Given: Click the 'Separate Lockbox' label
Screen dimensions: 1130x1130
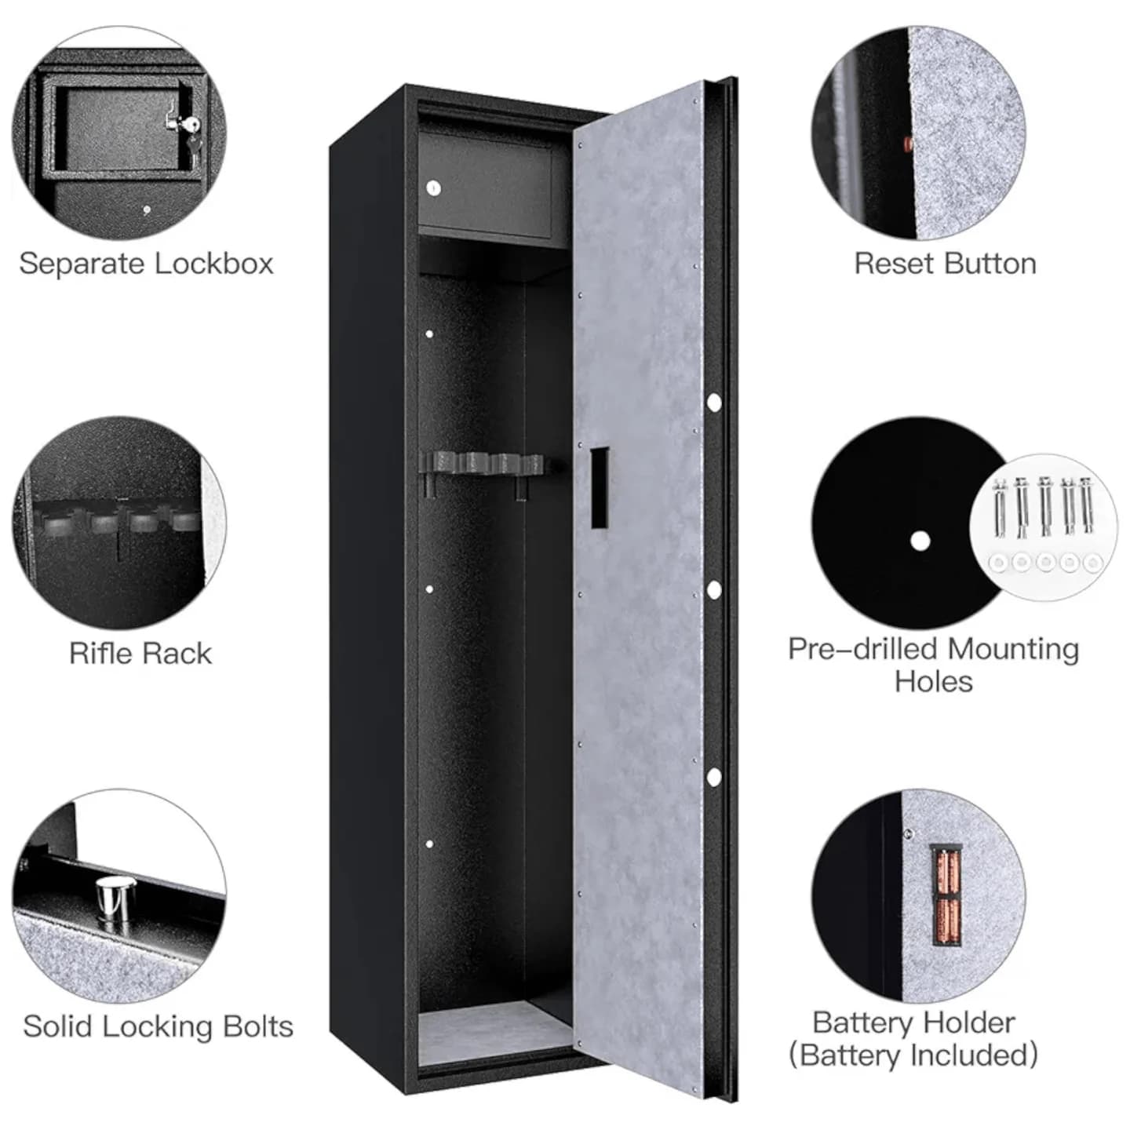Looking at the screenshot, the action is point(146,264).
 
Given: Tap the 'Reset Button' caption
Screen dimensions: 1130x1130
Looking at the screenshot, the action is point(945,264).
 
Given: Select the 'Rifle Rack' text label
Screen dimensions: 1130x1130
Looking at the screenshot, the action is point(140,653).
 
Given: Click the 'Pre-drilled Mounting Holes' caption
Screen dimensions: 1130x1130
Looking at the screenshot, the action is point(934,665).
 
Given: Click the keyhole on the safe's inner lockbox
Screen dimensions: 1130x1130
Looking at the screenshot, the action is point(433,188).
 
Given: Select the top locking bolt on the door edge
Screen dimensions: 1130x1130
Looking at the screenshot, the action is point(713,403).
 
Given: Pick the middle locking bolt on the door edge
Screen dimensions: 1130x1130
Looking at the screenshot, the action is point(713,590).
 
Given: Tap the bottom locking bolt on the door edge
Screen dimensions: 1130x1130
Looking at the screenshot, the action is point(713,778).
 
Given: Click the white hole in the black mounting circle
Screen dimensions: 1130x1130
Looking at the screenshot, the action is point(920,541).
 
